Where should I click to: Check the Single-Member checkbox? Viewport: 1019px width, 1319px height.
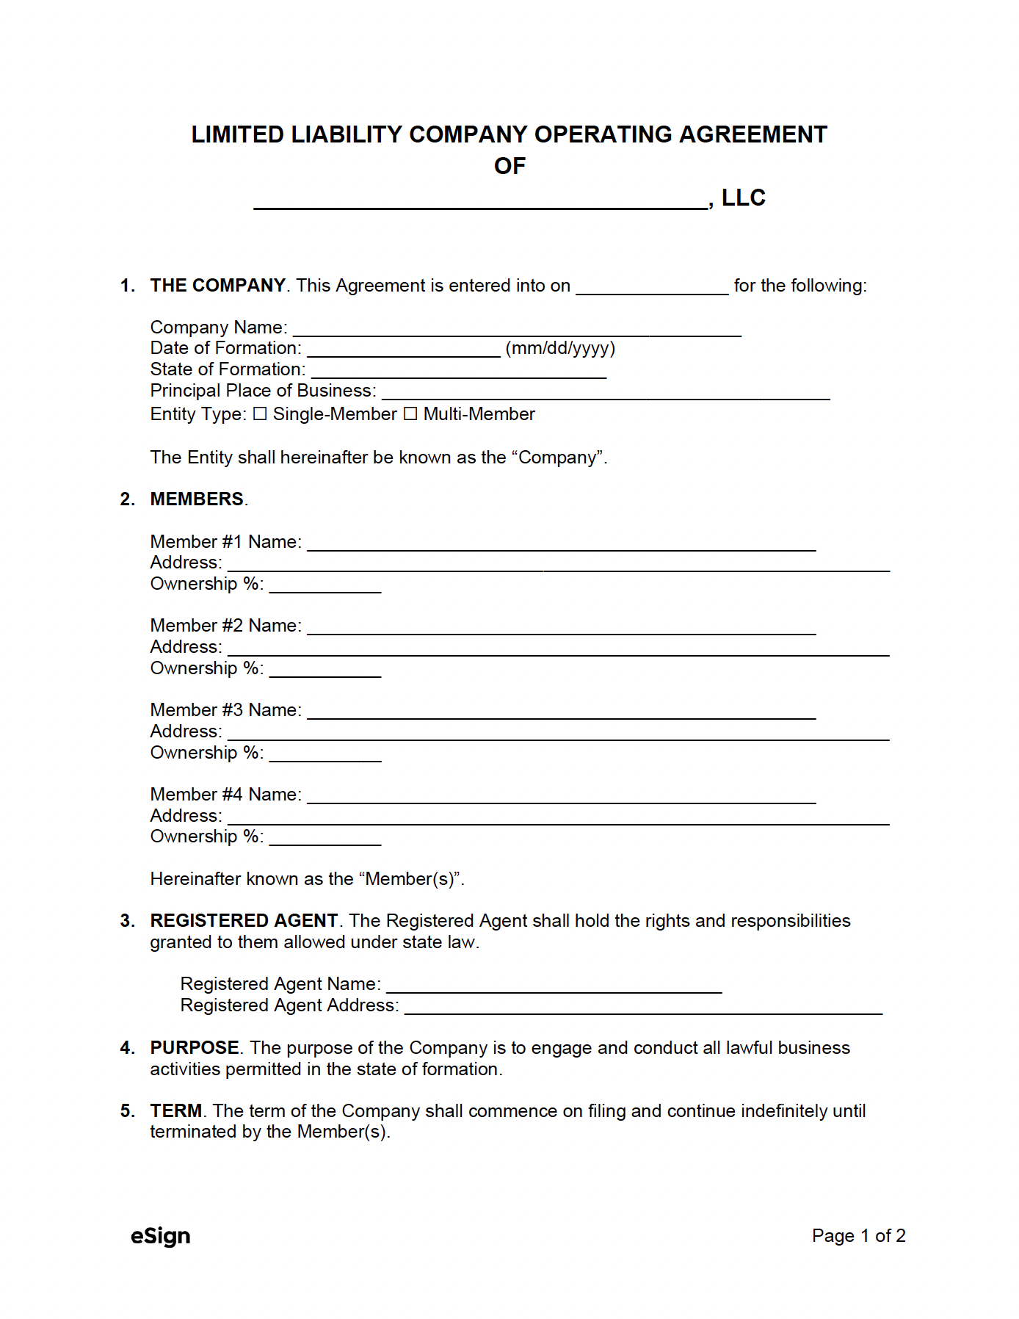pyautogui.click(x=260, y=414)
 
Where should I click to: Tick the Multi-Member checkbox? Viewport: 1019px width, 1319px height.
pyautogui.click(x=410, y=414)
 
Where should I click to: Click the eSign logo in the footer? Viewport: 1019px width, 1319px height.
pyautogui.click(x=160, y=1236)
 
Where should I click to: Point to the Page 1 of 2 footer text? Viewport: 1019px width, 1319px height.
pyautogui.click(x=858, y=1236)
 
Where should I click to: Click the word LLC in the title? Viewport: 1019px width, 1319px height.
pyautogui.click(x=743, y=198)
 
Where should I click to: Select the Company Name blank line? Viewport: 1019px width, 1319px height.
pyautogui.click(x=517, y=330)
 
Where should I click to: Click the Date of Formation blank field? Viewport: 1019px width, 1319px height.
pyautogui.click(x=404, y=350)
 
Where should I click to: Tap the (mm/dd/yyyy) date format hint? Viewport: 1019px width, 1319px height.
pyautogui.click(x=560, y=348)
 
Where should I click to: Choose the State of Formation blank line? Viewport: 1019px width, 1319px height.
pyautogui.click(x=459, y=372)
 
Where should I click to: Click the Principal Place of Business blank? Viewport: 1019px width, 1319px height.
pyautogui.click(x=606, y=393)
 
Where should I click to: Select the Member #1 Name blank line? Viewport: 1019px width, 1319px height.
pyautogui.click(x=562, y=544)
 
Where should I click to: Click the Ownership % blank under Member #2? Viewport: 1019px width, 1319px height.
pyautogui.click(x=325, y=670)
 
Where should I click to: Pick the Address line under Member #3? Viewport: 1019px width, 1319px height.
pyautogui.click(x=558, y=734)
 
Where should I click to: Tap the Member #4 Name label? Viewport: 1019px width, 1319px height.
pyautogui.click(x=225, y=795)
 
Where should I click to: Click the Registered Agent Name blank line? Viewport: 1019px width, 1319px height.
pyautogui.click(x=554, y=986)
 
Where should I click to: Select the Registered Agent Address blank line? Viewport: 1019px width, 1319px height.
pyautogui.click(x=643, y=1008)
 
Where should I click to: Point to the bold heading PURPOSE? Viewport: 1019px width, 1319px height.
pyautogui.click(x=195, y=1048)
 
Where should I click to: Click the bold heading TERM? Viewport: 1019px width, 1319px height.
pyautogui.click(x=176, y=1111)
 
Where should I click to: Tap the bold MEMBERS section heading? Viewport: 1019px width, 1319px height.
pyautogui.click(x=197, y=499)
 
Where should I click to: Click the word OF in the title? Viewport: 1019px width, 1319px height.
pyautogui.click(x=510, y=166)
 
